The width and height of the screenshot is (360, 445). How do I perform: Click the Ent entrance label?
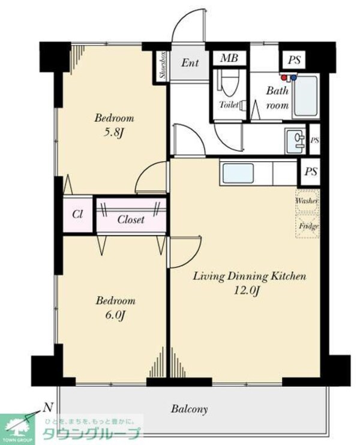(x=190, y=63)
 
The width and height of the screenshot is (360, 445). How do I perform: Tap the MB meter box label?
(x=229, y=58)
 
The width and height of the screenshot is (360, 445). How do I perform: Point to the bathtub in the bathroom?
(x=306, y=96)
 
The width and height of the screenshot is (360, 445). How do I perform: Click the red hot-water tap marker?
(x=284, y=77)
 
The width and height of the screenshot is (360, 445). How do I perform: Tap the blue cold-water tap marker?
(x=293, y=77)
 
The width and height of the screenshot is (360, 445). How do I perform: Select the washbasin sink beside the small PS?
(x=296, y=141)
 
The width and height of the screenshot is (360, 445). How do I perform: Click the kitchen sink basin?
(x=238, y=173)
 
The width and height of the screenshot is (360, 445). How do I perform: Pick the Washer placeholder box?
(x=307, y=202)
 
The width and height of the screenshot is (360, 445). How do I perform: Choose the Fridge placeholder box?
(x=308, y=226)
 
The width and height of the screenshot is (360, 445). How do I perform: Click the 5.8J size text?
(x=113, y=133)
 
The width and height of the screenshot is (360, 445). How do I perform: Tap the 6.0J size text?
(x=115, y=315)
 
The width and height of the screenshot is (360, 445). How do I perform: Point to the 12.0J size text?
(x=246, y=291)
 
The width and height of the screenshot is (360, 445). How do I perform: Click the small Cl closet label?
(x=77, y=214)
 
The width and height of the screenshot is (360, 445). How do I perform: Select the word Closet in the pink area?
(x=131, y=220)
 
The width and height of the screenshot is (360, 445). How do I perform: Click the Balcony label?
(x=190, y=409)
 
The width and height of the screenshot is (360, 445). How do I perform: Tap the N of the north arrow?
(x=49, y=408)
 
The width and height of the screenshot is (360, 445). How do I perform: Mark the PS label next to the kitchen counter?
(x=311, y=172)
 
